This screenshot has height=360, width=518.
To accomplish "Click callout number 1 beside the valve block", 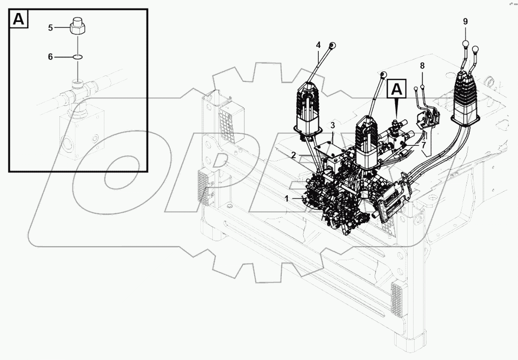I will coord(287,198).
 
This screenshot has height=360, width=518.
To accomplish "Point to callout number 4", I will coord(318,45).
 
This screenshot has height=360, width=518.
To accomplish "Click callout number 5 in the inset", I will coord(50,28).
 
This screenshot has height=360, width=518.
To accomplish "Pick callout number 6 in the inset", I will coord(50,57).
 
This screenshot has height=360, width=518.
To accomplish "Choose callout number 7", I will coord(423,145).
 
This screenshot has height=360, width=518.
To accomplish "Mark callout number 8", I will coord(422,65).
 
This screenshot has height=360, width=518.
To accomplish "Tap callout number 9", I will coord(465,21).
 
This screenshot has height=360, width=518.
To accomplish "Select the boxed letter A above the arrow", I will coord(396,89).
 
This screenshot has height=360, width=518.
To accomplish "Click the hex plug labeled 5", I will coord(77,26).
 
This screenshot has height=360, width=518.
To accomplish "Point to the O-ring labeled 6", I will coord(77,57).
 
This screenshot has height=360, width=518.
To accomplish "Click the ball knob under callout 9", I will coord(465,44).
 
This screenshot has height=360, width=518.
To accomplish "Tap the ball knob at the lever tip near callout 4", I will coord(332,45).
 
